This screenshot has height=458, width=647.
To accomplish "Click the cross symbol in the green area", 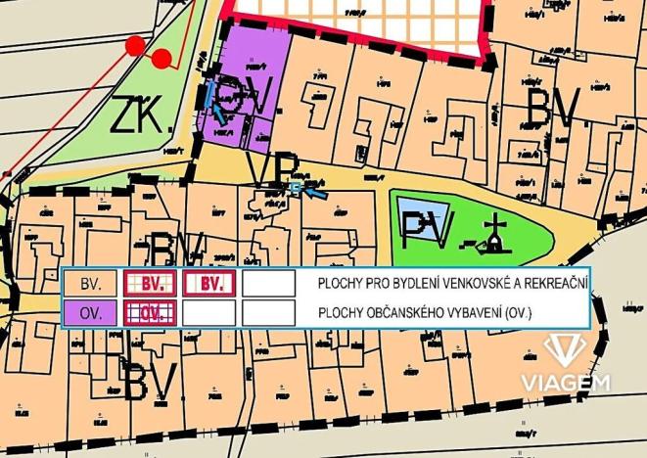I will click(498, 234).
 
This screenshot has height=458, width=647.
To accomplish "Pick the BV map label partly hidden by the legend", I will click(177, 252).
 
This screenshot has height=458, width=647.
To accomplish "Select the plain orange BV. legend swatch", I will click(90, 284).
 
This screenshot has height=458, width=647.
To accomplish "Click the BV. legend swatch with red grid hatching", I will click(150, 284).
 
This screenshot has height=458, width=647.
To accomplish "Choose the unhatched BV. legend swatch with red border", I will click(209, 284).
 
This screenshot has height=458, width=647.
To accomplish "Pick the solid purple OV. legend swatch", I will click(90, 313).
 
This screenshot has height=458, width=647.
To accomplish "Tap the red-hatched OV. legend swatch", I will click(150, 313).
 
